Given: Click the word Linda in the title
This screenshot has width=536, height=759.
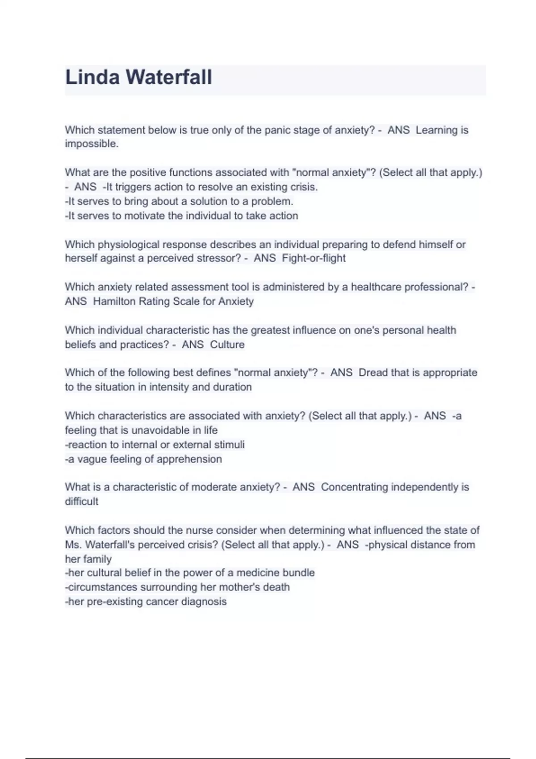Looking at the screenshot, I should (x=92, y=77).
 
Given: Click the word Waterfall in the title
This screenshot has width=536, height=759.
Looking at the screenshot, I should (x=169, y=77).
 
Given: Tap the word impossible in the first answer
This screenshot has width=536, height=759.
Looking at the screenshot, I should (x=91, y=144).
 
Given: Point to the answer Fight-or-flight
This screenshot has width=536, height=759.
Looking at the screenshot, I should (x=314, y=259).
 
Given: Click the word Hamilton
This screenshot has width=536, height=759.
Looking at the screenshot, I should (x=114, y=302).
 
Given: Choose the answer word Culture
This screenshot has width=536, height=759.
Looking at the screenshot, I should (x=227, y=345).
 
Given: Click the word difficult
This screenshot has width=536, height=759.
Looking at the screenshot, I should (x=81, y=502).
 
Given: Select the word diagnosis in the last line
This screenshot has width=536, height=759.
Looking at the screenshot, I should (x=204, y=602).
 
